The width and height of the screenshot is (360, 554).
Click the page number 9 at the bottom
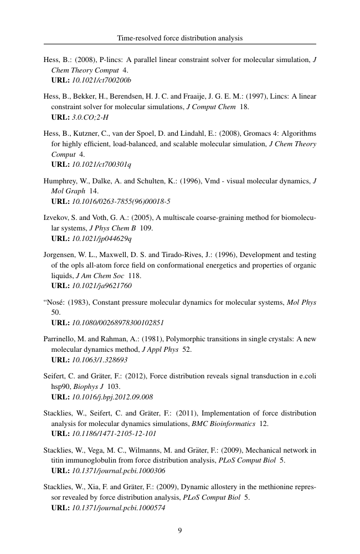180,530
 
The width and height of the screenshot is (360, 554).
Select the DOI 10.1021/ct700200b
101,80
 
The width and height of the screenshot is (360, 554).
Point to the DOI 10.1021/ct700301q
101,165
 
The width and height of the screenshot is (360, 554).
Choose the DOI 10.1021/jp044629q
102,239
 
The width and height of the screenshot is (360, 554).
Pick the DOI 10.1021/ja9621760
102,286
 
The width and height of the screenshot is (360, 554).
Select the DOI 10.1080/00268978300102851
118,322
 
